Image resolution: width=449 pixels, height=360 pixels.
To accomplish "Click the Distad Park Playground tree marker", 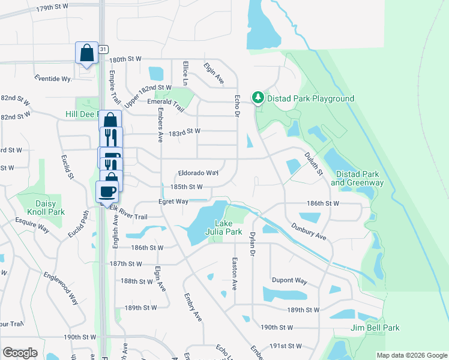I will click(258, 98).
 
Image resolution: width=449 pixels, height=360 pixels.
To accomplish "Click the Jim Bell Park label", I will click(375, 328).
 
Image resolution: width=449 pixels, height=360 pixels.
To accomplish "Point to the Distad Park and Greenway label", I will click(360, 178).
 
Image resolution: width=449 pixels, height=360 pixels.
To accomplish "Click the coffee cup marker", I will click(107, 192).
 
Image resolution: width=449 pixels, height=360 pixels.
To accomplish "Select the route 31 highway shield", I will click(104, 49).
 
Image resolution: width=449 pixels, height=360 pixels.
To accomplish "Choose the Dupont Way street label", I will click(289, 281).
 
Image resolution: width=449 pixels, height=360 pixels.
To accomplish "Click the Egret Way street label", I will click(173, 202).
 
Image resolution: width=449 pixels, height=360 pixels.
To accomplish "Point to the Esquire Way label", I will click(33, 226).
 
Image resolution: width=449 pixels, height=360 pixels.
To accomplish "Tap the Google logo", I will click(20, 353).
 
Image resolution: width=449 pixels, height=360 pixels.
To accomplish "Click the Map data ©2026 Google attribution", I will click(412, 355).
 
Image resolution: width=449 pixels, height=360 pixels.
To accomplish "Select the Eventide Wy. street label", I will click(53, 79).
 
